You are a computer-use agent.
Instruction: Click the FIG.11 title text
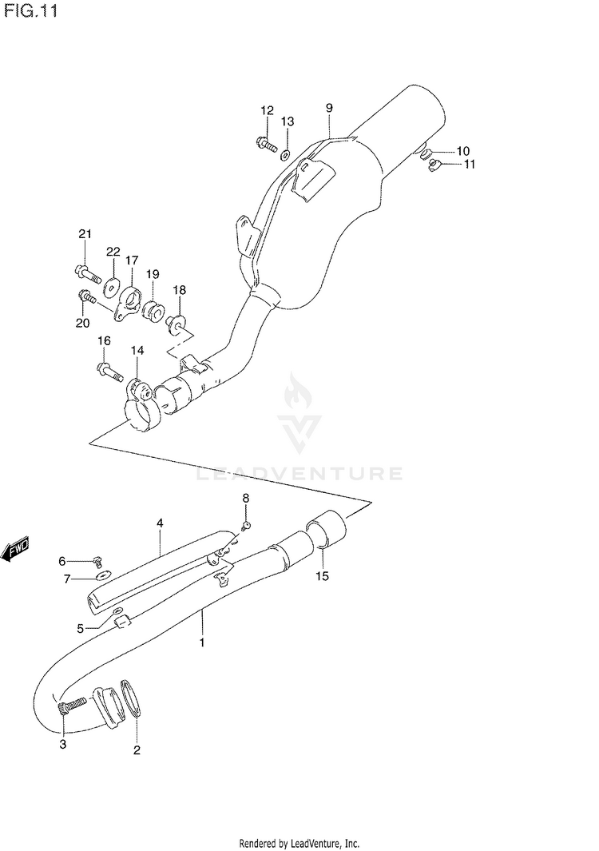point(29,13)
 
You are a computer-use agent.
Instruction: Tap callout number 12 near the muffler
point(266,110)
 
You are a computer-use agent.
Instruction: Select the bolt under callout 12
point(266,145)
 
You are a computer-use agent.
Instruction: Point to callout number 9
point(328,107)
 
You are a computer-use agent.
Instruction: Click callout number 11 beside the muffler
point(469,165)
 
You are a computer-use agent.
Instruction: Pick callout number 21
point(85,234)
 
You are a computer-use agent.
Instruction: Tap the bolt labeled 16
point(108,370)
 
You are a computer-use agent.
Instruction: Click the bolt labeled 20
point(86,298)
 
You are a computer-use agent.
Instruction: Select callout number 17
point(132,260)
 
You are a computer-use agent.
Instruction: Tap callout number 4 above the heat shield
point(160,523)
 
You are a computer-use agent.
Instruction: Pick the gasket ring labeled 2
point(134,697)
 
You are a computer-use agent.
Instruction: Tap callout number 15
point(322,575)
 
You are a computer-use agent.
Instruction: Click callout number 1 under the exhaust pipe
point(202,642)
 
